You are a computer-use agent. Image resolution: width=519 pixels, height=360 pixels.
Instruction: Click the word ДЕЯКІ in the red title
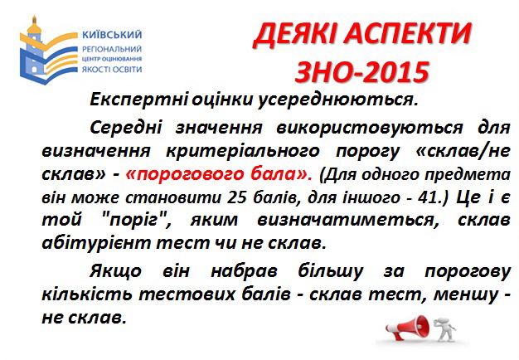pyautogui.click(x=294, y=35)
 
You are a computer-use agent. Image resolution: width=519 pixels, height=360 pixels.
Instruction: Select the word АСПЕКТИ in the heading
pyautogui.click(x=407, y=34)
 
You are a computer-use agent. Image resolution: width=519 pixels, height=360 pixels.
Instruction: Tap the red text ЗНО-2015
pyautogui.click(x=362, y=72)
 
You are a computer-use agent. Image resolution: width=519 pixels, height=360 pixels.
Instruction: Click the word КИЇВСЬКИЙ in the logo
pyautogui.click(x=112, y=35)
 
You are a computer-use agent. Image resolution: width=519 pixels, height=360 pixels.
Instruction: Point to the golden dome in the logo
pyautogui.click(x=34, y=27)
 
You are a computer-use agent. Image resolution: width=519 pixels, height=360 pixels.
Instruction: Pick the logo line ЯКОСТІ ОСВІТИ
pyautogui.click(x=112, y=70)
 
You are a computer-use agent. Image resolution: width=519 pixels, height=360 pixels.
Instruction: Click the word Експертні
pyautogui.click(x=139, y=100)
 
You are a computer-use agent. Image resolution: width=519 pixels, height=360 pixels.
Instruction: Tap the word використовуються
pyautogui.click(x=370, y=128)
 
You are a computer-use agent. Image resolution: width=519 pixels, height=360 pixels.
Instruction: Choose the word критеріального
pyautogui.click(x=243, y=151)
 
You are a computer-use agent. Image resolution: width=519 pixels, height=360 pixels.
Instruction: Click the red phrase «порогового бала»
pyautogui.click(x=219, y=174)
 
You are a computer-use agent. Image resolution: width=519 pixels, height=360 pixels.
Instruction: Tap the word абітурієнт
pyautogui.click(x=96, y=243)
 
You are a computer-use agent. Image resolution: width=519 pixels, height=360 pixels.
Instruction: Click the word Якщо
pyautogui.click(x=115, y=272)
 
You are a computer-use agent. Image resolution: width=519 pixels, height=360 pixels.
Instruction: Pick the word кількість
pyautogui.click(x=87, y=294)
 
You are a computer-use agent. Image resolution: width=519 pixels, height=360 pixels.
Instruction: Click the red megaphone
pyautogui.click(x=407, y=327)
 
